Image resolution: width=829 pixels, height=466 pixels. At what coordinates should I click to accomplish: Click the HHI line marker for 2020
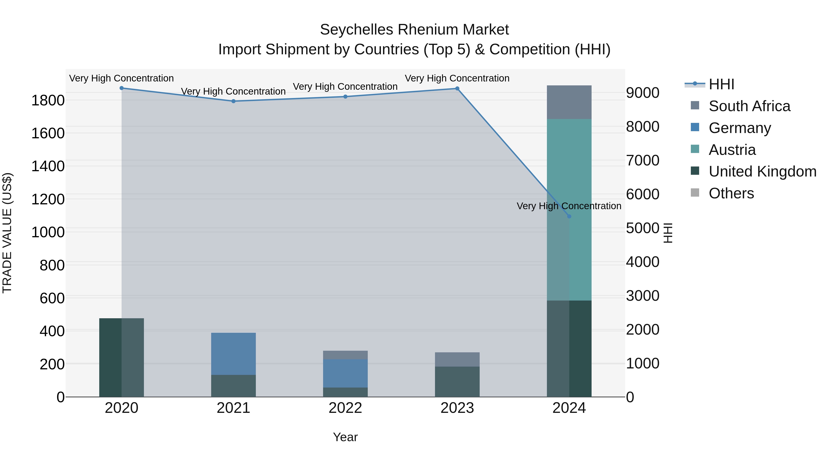(x=122, y=88)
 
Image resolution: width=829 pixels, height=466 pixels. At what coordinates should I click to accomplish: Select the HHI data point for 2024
(x=569, y=217)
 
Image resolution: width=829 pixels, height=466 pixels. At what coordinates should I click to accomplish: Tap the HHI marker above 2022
(x=345, y=96)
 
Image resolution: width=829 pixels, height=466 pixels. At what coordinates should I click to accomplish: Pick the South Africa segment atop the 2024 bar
(x=569, y=102)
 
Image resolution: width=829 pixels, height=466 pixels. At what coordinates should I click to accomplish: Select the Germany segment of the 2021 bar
(x=233, y=354)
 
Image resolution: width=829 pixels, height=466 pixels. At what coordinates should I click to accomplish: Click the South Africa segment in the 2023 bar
(x=457, y=359)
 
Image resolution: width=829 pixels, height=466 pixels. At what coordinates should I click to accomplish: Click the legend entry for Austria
(x=732, y=150)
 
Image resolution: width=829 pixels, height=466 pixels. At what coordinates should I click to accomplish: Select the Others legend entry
(x=731, y=193)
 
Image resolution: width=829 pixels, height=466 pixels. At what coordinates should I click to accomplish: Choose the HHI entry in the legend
(x=721, y=84)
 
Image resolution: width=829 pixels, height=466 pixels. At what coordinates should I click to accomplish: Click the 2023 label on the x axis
(x=457, y=408)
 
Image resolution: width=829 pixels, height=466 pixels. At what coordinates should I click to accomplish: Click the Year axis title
(x=345, y=437)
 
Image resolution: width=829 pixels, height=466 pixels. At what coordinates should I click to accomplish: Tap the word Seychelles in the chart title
(x=356, y=30)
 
